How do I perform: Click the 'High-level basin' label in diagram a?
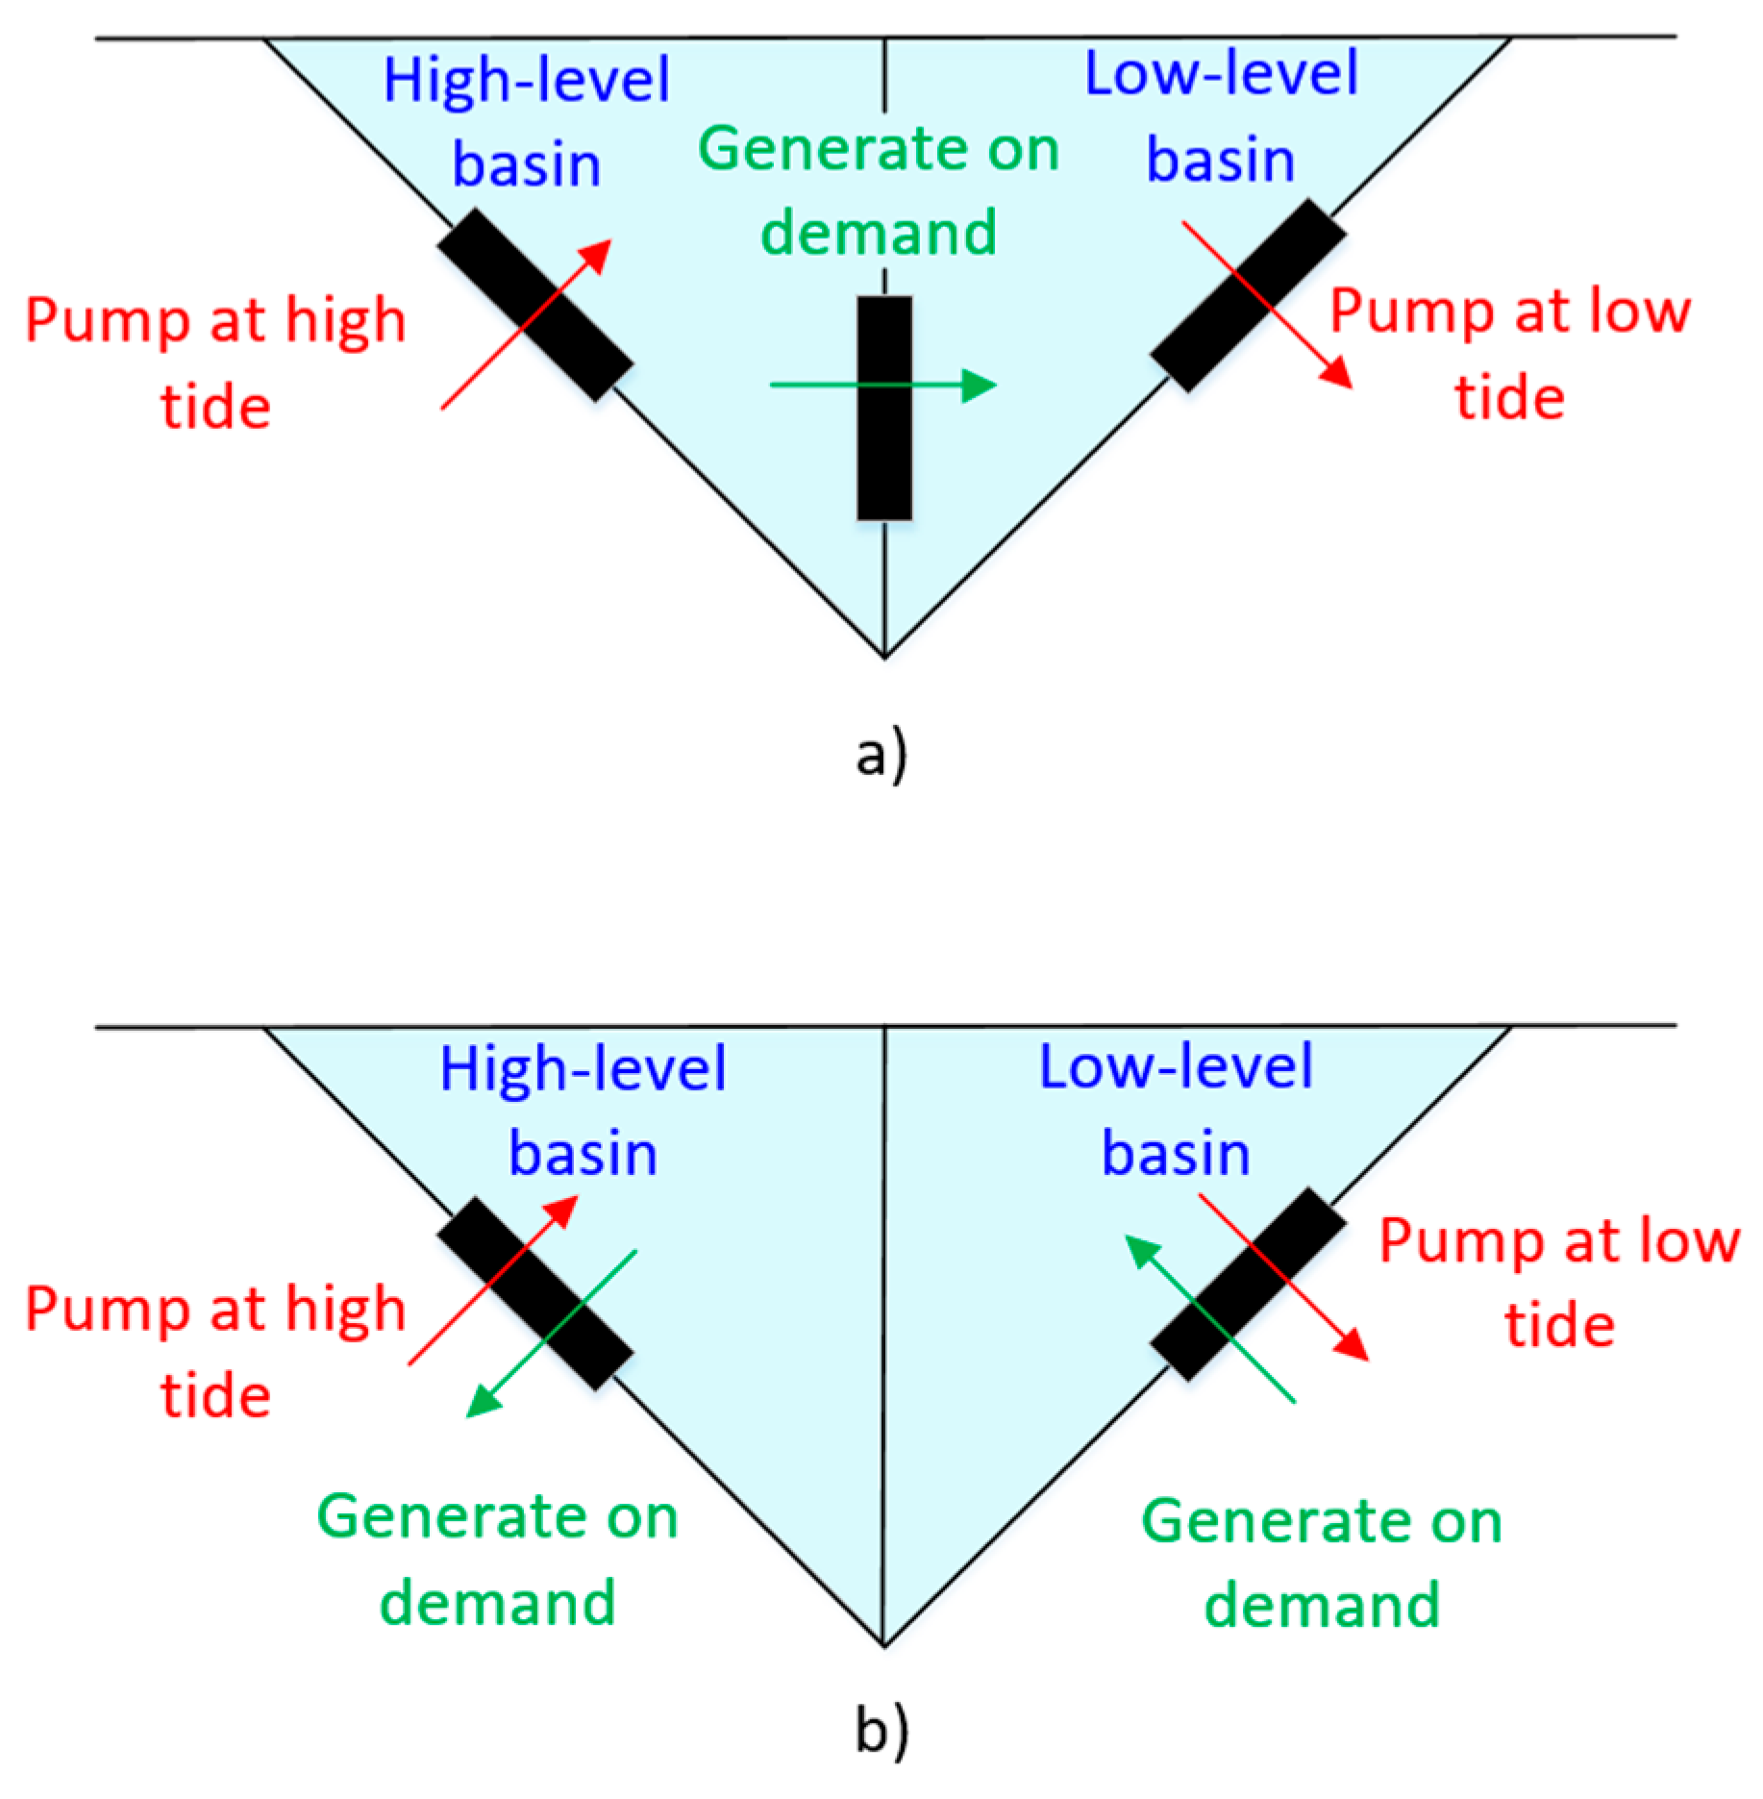tap(527, 121)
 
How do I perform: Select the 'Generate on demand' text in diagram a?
tap(879, 190)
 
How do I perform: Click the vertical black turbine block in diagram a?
tap(884, 409)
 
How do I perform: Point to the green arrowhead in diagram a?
tap(981, 385)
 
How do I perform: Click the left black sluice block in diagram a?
tap(535, 305)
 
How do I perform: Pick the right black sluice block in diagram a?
tap(1248, 295)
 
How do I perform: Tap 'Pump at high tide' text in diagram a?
tap(215, 363)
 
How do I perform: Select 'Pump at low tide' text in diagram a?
tap(1509, 354)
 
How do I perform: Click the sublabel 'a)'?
tap(881, 755)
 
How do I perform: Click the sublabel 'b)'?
tap(881, 1733)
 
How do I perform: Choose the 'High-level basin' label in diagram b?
tap(583, 1110)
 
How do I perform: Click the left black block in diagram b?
tap(535, 1293)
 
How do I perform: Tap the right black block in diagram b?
tap(1248, 1284)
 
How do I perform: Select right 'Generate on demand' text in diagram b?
tap(1321, 1562)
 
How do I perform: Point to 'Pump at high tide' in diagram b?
tap(215, 1352)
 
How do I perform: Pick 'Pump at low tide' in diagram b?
tap(1559, 1282)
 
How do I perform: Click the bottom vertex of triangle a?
tap(884, 657)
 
